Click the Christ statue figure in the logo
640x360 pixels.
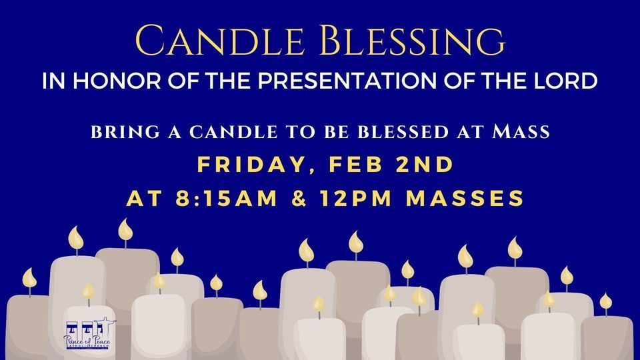102,325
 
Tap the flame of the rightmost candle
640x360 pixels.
605,301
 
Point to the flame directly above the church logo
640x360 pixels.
88,291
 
